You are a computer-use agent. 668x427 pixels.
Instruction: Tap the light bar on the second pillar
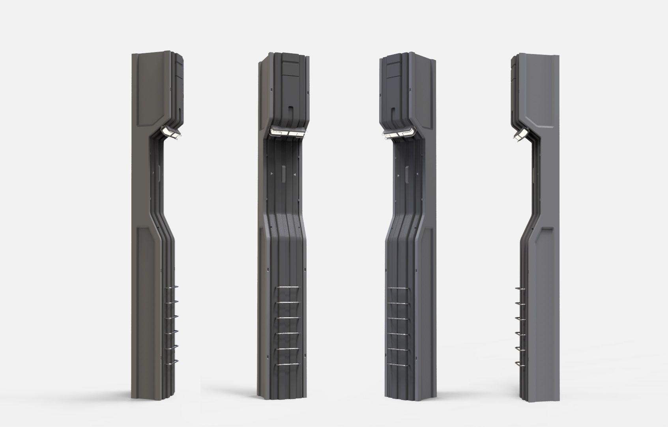tap(288, 134)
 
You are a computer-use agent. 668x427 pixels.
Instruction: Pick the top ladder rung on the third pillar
tap(398, 289)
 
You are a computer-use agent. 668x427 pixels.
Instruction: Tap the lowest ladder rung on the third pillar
tap(398, 363)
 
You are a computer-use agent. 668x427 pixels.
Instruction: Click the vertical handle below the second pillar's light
tap(283, 174)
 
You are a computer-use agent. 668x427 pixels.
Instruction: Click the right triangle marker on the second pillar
tap(294, 174)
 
